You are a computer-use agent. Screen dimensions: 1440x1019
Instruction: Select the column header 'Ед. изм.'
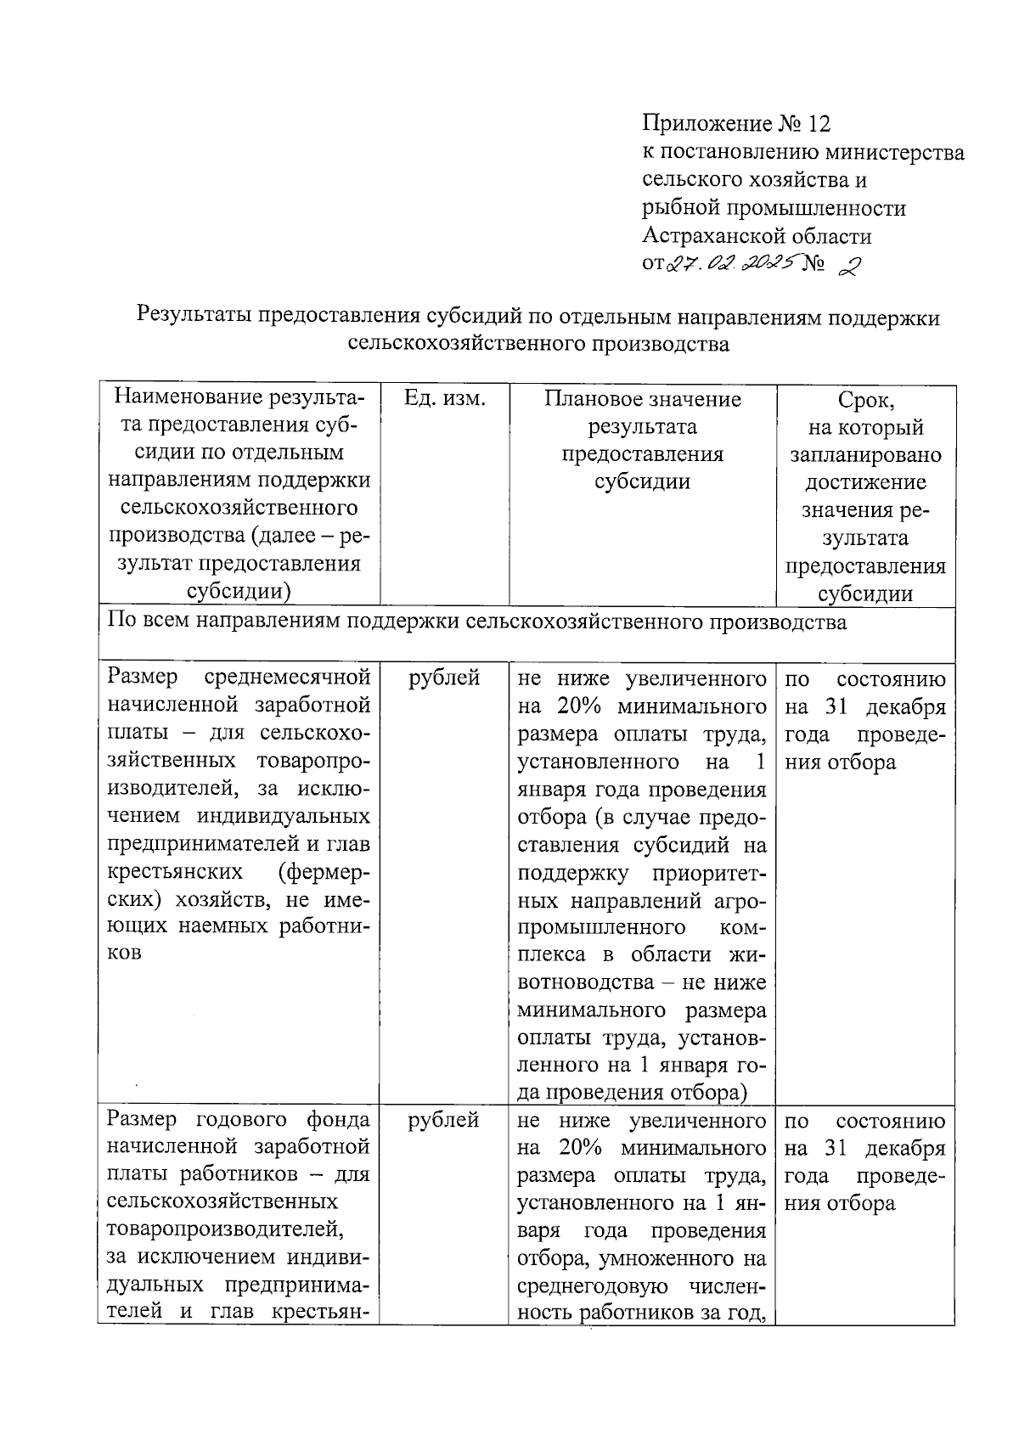pyautogui.click(x=444, y=399)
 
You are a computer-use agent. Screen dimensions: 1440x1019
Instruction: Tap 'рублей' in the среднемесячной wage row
pyautogui.click(x=444, y=678)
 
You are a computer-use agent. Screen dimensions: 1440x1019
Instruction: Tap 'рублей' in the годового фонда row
pyautogui.click(x=444, y=1120)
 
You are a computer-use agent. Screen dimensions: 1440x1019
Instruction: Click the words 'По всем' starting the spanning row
pyautogui.click(x=144, y=622)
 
